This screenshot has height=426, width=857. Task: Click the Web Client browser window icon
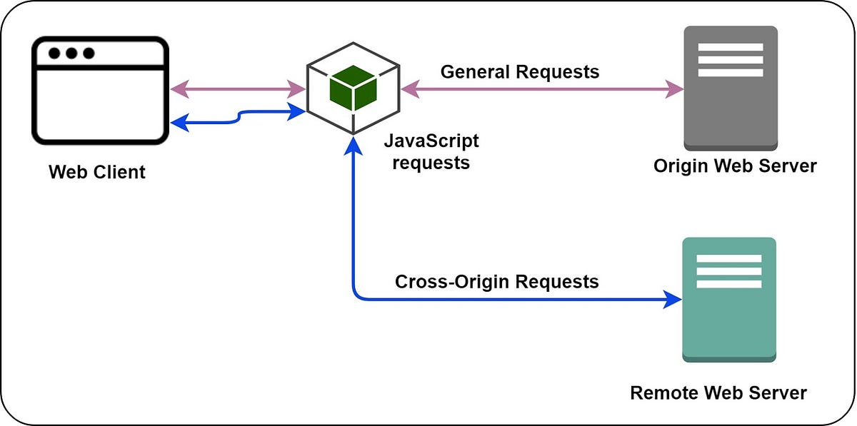click(x=100, y=91)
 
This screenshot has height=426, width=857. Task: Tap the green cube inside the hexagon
click(x=353, y=88)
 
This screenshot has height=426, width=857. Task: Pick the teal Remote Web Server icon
click(x=729, y=299)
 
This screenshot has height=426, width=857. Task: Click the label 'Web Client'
click(x=97, y=172)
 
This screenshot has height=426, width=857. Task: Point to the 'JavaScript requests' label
click(x=431, y=151)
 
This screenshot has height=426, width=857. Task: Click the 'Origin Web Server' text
click(x=735, y=166)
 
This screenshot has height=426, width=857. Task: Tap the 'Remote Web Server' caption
click(x=718, y=392)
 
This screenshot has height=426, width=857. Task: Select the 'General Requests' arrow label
click(x=519, y=71)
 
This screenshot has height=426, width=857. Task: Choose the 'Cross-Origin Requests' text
click(x=496, y=281)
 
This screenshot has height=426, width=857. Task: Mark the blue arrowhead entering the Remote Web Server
click(x=673, y=299)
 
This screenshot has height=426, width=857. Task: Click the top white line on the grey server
click(x=730, y=47)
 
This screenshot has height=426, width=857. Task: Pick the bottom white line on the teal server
click(x=728, y=284)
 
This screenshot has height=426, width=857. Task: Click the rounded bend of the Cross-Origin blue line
click(x=357, y=295)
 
